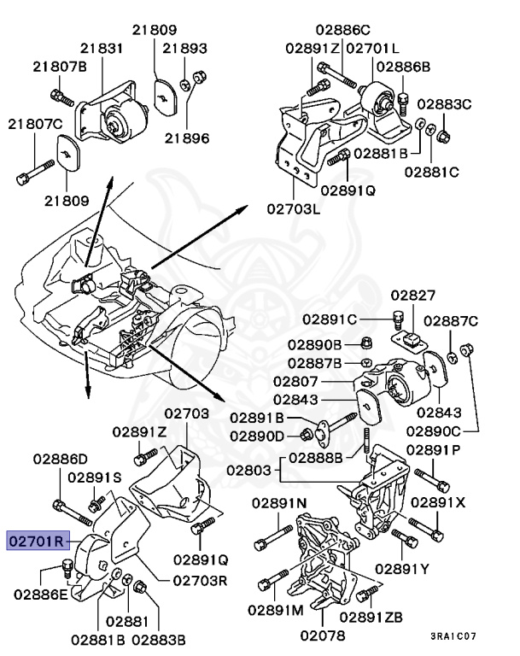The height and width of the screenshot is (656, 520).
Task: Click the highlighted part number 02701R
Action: [37, 541]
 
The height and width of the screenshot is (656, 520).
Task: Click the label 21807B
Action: [59, 66]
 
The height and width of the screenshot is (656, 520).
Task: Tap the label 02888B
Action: [315, 457]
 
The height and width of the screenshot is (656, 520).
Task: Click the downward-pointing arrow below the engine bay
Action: [88, 384]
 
